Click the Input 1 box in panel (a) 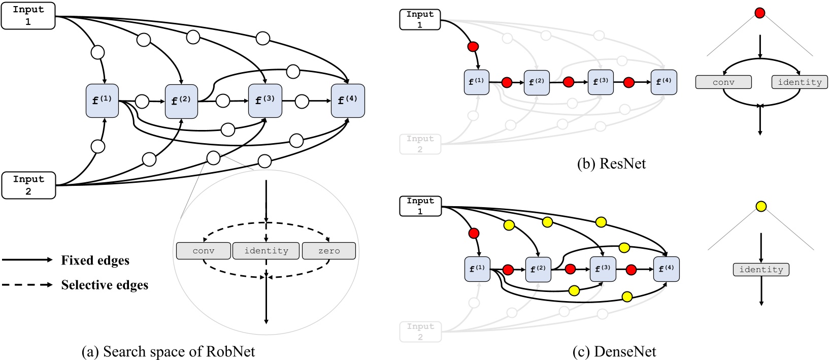point(28,16)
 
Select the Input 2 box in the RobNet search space point(28,185)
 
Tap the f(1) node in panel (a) point(102,101)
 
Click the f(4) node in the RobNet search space point(348,101)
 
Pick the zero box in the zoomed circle point(328,251)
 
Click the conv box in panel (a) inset point(203,251)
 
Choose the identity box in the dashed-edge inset point(266,251)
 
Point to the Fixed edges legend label point(95,260)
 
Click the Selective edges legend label point(105,285)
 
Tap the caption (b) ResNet point(611,163)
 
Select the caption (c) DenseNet point(614,351)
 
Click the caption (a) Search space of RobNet point(168,351)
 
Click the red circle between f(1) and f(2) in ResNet point(507,82)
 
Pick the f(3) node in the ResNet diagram point(601,82)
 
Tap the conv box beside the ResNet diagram point(723,82)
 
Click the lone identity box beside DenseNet point(761,270)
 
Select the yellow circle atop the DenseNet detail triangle point(761,206)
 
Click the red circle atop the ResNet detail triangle point(760,13)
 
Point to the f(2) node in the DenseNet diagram point(538,269)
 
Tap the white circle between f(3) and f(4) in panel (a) point(302,101)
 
